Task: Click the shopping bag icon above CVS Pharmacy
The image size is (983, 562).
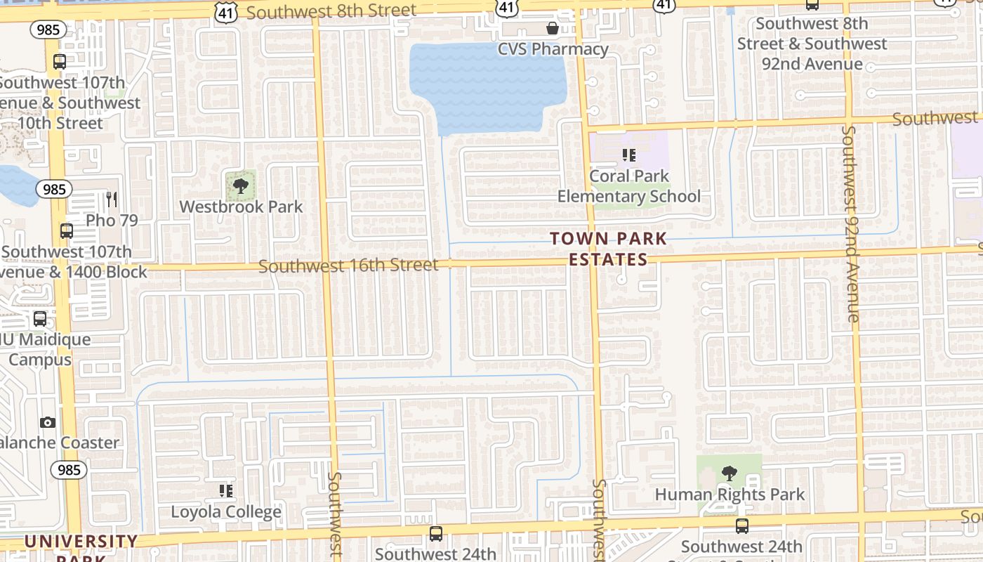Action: click(x=553, y=28)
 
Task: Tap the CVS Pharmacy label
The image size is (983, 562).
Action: click(x=553, y=49)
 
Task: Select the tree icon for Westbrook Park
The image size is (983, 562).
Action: click(x=241, y=186)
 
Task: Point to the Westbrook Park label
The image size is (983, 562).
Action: click(x=241, y=207)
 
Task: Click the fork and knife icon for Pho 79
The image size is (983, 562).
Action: click(x=112, y=200)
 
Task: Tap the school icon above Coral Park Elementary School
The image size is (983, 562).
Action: click(x=628, y=155)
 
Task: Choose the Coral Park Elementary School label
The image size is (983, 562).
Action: click(x=628, y=186)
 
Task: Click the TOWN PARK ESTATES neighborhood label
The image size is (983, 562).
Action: click(x=608, y=249)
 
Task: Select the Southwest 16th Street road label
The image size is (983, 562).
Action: click(x=348, y=266)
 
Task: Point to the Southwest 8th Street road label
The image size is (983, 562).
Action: click(x=331, y=11)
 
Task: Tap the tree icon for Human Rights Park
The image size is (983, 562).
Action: click(x=730, y=473)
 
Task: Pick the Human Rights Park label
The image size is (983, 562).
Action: click(x=730, y=495)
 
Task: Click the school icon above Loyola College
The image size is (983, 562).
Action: click(x=226, y=490)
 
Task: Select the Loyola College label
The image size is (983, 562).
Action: click(x=226, y=511)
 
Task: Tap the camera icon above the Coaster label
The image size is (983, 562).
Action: click(x=48, y=422)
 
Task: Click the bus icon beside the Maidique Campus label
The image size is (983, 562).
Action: click(x=40, y=319)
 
